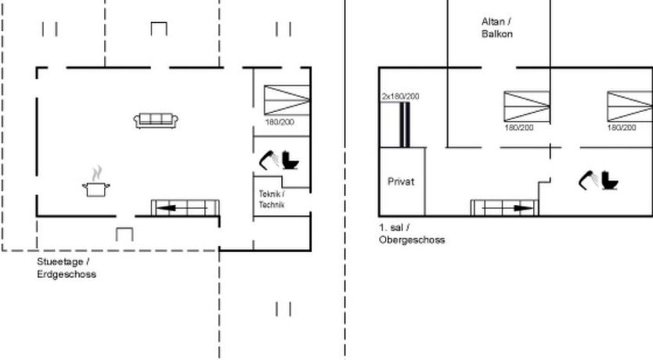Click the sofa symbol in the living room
(x=156, y=121)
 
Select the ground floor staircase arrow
(x=182, y=208)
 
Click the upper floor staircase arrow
(x=507, y=208)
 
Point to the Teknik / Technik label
(x=272, y=199)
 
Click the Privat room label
(x=401, y=182)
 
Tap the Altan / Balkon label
(x=497, y=27)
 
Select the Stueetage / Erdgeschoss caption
(x=67, y=268)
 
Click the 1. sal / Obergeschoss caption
(x=412, y=233)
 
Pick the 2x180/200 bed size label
(x=401, y=96)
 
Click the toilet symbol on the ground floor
(x=290, y=160)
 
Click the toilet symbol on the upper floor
(x=610, y=181)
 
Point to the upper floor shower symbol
(x=589, y=180)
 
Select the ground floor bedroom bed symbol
(x=287, y=100)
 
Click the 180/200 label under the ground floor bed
(x=280, y=122)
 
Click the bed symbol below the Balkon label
(x=527, y=106)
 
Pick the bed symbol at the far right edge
(x=630, y=106)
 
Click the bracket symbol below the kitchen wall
(x=124, y=234)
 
